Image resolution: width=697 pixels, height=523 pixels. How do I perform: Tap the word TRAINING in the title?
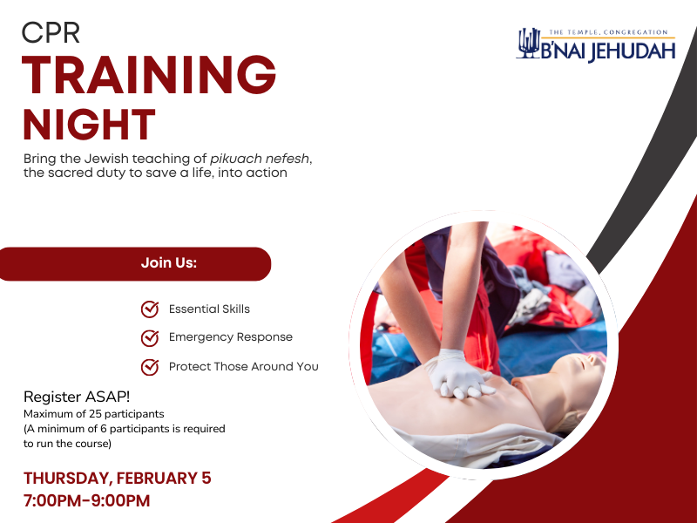tap(149, 76)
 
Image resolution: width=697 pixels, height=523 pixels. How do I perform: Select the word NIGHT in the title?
tap(89, 125)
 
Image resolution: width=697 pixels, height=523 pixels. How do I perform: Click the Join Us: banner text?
tap(169, 263)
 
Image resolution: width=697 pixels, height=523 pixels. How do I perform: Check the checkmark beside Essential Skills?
tap(150, 309)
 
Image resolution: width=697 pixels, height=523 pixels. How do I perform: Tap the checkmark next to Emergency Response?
tap(150, 337)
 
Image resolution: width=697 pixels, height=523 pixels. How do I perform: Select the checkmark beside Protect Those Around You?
tap(150, 366)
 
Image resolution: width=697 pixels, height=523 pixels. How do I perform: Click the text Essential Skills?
tap(209, 309)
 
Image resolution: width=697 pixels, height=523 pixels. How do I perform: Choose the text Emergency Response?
tap(230, 337)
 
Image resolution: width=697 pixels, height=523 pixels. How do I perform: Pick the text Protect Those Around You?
tap(243, 367)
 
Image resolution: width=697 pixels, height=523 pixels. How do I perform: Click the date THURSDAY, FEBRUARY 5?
tap(117, 478)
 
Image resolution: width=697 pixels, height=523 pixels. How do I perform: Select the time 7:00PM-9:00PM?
tap(86, 500)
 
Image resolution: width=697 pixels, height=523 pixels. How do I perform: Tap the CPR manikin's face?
tap(567, 374)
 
